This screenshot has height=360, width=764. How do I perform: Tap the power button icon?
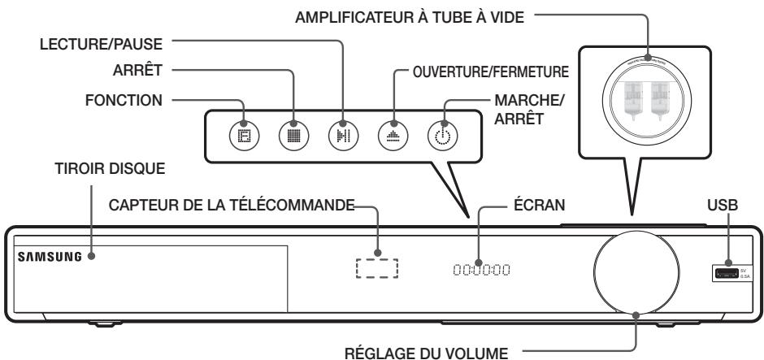[438, 135]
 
